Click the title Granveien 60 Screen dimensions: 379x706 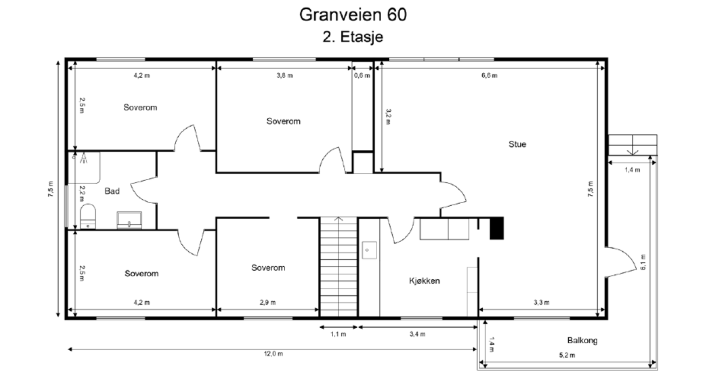(x=353, y=15)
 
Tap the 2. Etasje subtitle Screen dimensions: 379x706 (x=353, y=37)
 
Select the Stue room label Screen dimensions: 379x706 (x=517, y=144)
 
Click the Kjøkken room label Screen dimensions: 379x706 (x=424, y=281)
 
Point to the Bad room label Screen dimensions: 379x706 (x=112, y=191)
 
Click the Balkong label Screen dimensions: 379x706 (x=582, y=341)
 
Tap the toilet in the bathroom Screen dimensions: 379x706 (x=88, y=216)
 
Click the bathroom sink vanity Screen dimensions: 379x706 (x=129, y=220)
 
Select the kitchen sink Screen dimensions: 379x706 (x=369, y=250)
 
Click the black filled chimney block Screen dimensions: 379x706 (x=497, y=228)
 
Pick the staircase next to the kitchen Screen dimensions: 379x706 (x=338, y=267)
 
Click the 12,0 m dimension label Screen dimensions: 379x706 (x=274, y=354)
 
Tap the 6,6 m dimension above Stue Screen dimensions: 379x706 (x=489, y=76)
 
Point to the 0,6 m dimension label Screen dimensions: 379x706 (x=362, y=76)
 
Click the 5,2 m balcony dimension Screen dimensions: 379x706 (x=567, y=355)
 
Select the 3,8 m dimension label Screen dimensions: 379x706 (x=285, y=76)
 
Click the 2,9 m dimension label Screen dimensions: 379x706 (x=267, y=303)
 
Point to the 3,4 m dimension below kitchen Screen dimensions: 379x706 (x=417, y=334)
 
